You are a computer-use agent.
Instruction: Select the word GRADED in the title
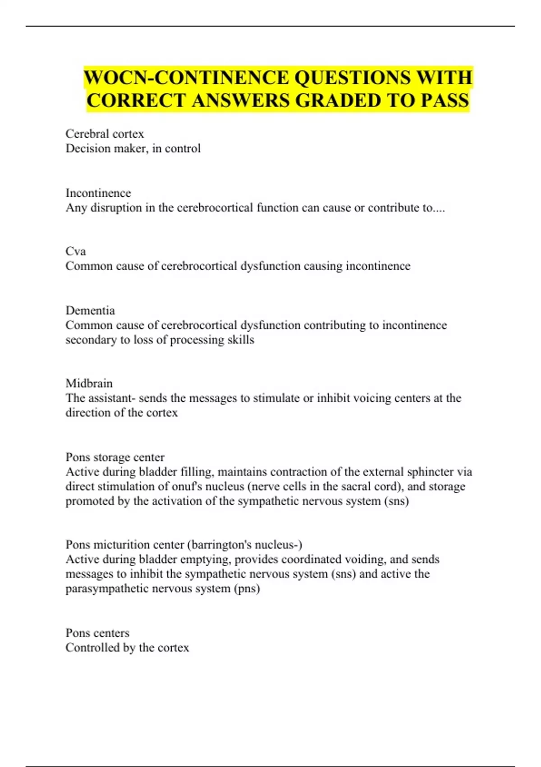click(x=339, y=100)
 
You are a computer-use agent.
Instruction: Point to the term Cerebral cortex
click(x=105, y=134)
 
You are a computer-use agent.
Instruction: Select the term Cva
click(x=75, y=251)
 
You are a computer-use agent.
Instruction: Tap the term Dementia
click(x=90, y=310)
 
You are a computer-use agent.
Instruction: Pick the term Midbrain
click(x=89, y=383)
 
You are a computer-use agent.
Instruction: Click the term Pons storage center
click(x=115, y=457)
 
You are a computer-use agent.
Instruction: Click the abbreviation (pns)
click(x=247, y=589)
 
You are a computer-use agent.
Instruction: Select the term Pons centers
click(x=97, y=633)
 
